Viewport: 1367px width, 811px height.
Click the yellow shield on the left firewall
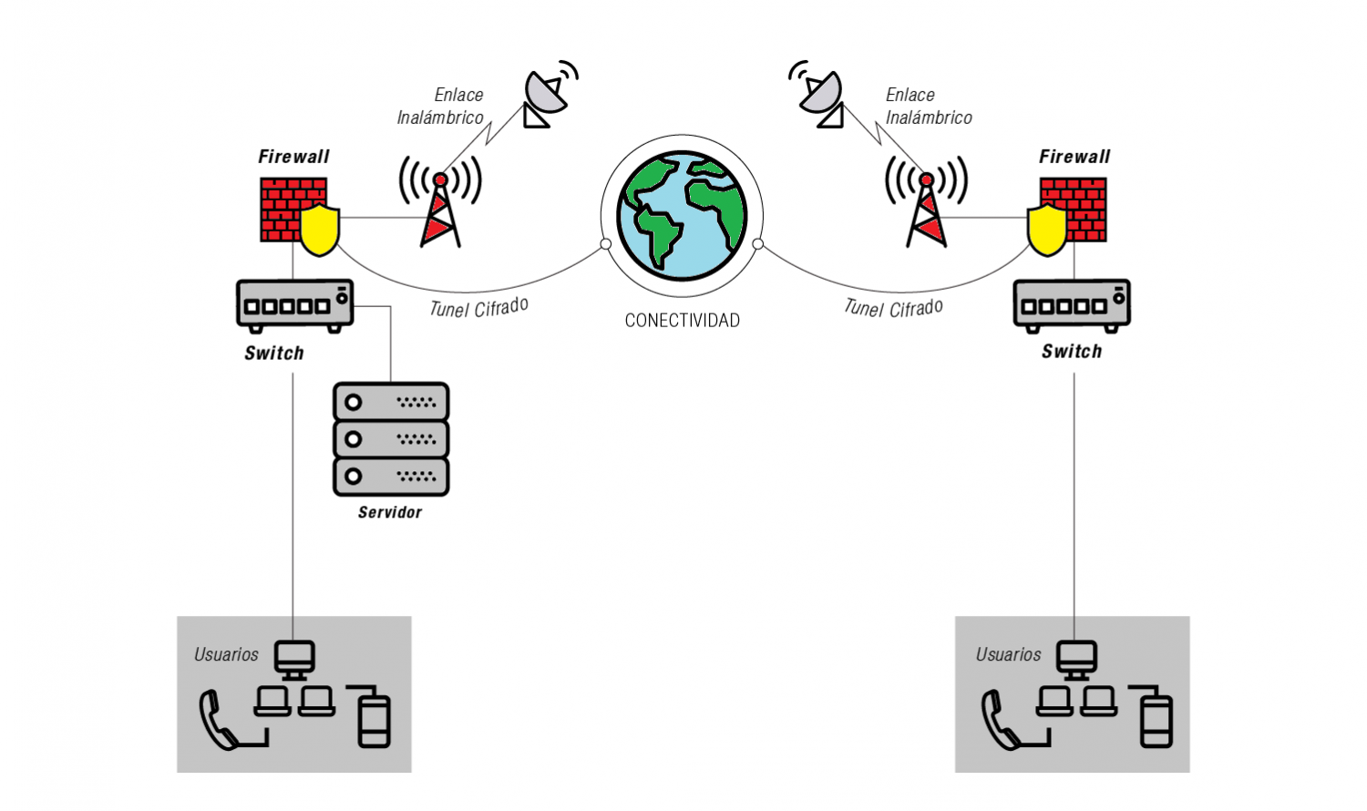tap(320, 231)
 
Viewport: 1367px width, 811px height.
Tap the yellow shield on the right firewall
tap(1047, 231)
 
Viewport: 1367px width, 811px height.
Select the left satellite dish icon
tap(547, 94)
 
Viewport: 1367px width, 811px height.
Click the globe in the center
tap(682, 216)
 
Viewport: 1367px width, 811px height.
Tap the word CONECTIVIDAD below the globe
tap(682, 321)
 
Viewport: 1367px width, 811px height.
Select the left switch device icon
tap(294, 305)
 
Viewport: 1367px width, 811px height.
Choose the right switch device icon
tap(1072, 304)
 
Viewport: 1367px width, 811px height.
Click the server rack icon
tap(391, 439)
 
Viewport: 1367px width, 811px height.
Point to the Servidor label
tap(390, 512)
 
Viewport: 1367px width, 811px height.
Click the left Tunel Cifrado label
tap(479, 308)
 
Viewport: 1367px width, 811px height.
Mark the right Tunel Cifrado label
tap(893, 308)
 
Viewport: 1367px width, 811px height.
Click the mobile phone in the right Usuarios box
tap(1156, 721)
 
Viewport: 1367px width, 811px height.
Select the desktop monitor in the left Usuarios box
tap(294, 658)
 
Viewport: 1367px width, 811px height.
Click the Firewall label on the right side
tap(1074, 157)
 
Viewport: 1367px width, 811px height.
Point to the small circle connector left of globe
tap(606, 244)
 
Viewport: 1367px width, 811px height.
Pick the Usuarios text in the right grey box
tap(1008, 654)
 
